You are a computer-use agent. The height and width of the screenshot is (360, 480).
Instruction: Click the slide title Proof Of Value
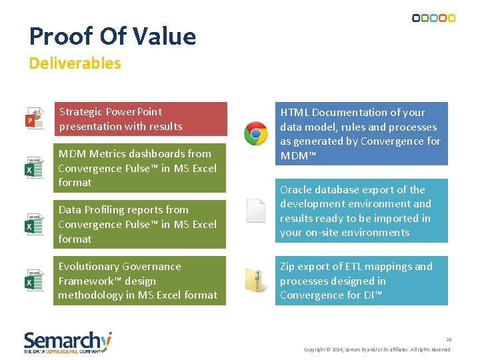pyautogui.click(x=113, y=36)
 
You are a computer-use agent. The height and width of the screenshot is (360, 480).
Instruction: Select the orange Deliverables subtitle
pyautogui.click(x=75, y=63)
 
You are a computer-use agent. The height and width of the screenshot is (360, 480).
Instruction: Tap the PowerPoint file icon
pyautogui.click(x=35, y=119)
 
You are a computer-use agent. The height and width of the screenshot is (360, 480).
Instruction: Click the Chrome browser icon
pyautogui.click(x=256, y=133)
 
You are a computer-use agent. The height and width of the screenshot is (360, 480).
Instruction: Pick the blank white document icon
pyautogui.click(x=256, y=211)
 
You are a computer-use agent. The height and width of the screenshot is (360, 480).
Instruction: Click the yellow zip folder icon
pyautogui.click(x=256, y=280)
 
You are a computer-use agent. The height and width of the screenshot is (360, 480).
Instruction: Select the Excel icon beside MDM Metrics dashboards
pyautogui.click(x=35, y=168)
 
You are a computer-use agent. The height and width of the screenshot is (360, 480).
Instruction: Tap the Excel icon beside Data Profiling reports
pyautogui.click(x=35, y=224)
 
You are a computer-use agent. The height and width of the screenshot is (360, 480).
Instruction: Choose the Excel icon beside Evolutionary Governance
pyautogui.click(x=35, y=280)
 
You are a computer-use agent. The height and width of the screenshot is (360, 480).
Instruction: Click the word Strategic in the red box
pyautogui.click(x=81, y=111)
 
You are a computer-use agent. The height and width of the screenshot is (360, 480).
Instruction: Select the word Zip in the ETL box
pyautogui.click(x=288, y=267)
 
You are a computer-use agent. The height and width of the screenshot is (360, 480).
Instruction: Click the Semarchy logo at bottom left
pyautogui.click(x=67, y=342)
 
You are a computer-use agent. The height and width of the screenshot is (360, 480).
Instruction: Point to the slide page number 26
pyautogui.click(x=449, y=339)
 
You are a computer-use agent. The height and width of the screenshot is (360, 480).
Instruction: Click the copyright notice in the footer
pyautogui.click(x=377, y=350)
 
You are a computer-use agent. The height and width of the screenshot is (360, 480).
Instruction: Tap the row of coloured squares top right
pyautogui.click(x=434, y=18)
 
